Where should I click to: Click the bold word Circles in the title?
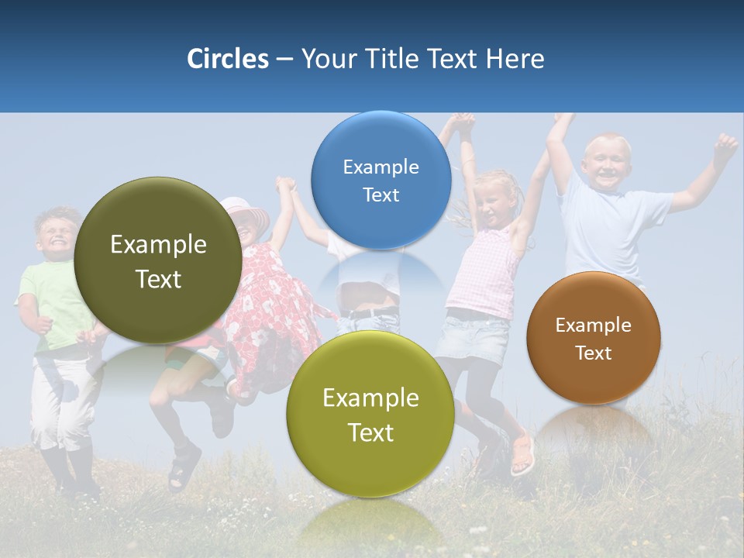pyautogui.click(x=227, y=59)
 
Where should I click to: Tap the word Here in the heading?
pyautogui.click(x=515, y=59)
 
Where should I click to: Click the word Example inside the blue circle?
pyautogui.click(x=381, y=167)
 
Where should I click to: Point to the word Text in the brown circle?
pyautogui.click(x=594, y=353)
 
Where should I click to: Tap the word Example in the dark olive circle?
pyautogui.click(x=158, y=245)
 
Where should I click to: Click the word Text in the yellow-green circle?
pyautogui.click(x=370, y=432)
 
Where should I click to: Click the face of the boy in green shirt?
pyautogui.click(x=54, y=236)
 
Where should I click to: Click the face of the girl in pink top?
pyautogui.click(x=494, y=200)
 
